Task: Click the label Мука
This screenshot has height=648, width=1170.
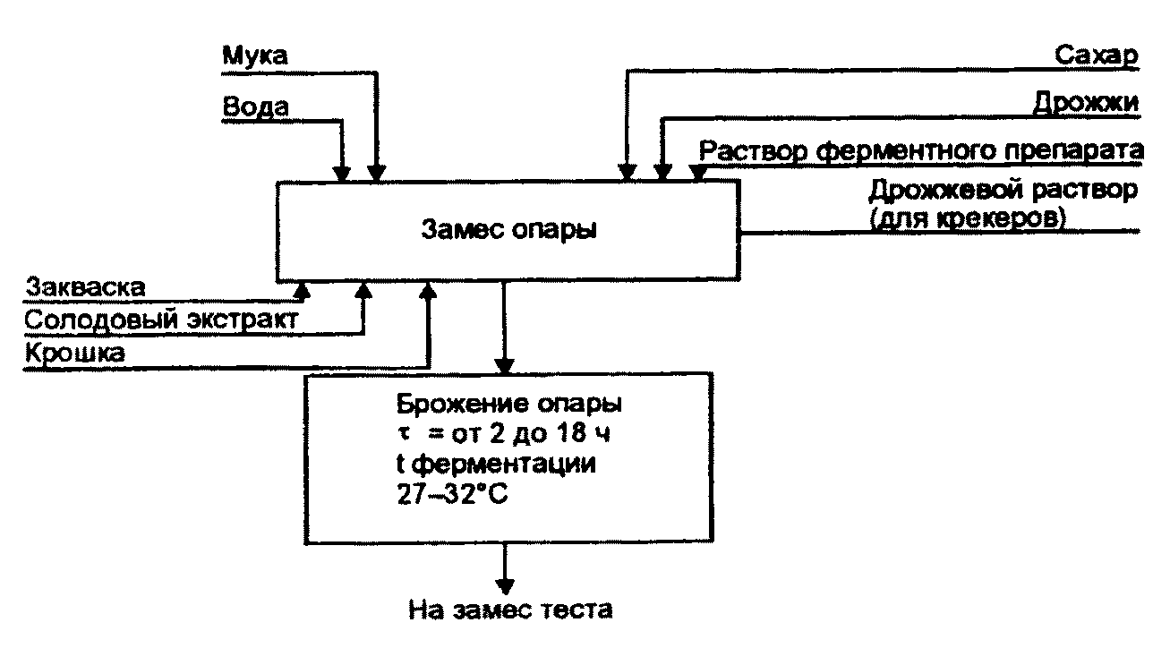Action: [x=254, y=55]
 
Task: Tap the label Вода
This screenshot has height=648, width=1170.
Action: [x=255, y=107]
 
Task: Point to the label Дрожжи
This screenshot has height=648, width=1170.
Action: [x=1085, y=103]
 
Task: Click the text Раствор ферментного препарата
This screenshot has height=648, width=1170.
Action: [x=920, y=150]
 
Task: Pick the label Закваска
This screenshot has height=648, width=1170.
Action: [x=85, y=288]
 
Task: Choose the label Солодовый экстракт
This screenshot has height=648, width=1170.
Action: [x=162, y=319]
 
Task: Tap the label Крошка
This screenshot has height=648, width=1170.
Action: [x=75, y=353]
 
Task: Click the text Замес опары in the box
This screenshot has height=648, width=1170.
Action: [x=508, y=229]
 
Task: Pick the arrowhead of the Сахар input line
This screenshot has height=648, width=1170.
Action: [x=628, y=172]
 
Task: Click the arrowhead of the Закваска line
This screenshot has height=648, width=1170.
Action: [x=302, y=289]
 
